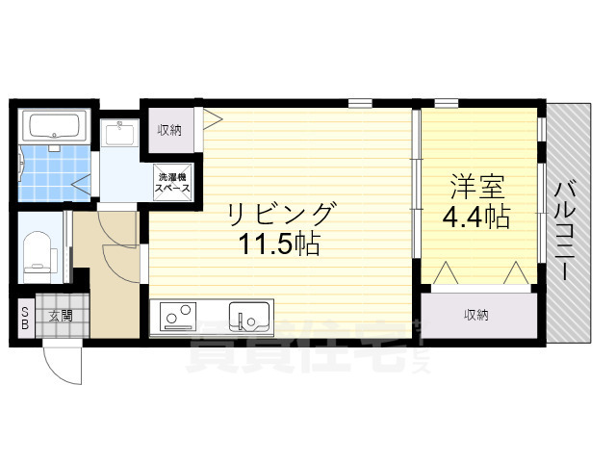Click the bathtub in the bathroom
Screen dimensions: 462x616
[x=54, y=126]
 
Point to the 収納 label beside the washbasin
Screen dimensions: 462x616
[x=170, y=128]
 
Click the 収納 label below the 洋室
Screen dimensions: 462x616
[x=478, y=314]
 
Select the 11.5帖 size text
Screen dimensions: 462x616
[x=280, y=244]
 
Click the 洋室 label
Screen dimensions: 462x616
[x=475, y=185]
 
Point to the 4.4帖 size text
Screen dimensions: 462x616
[x=475, y=218]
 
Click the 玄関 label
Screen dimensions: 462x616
[x=62, y=314]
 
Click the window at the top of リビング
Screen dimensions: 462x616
[x=360, y=102]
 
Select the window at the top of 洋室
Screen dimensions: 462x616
[x=445, y=102]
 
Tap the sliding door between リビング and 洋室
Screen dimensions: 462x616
[x=416, y=183]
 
